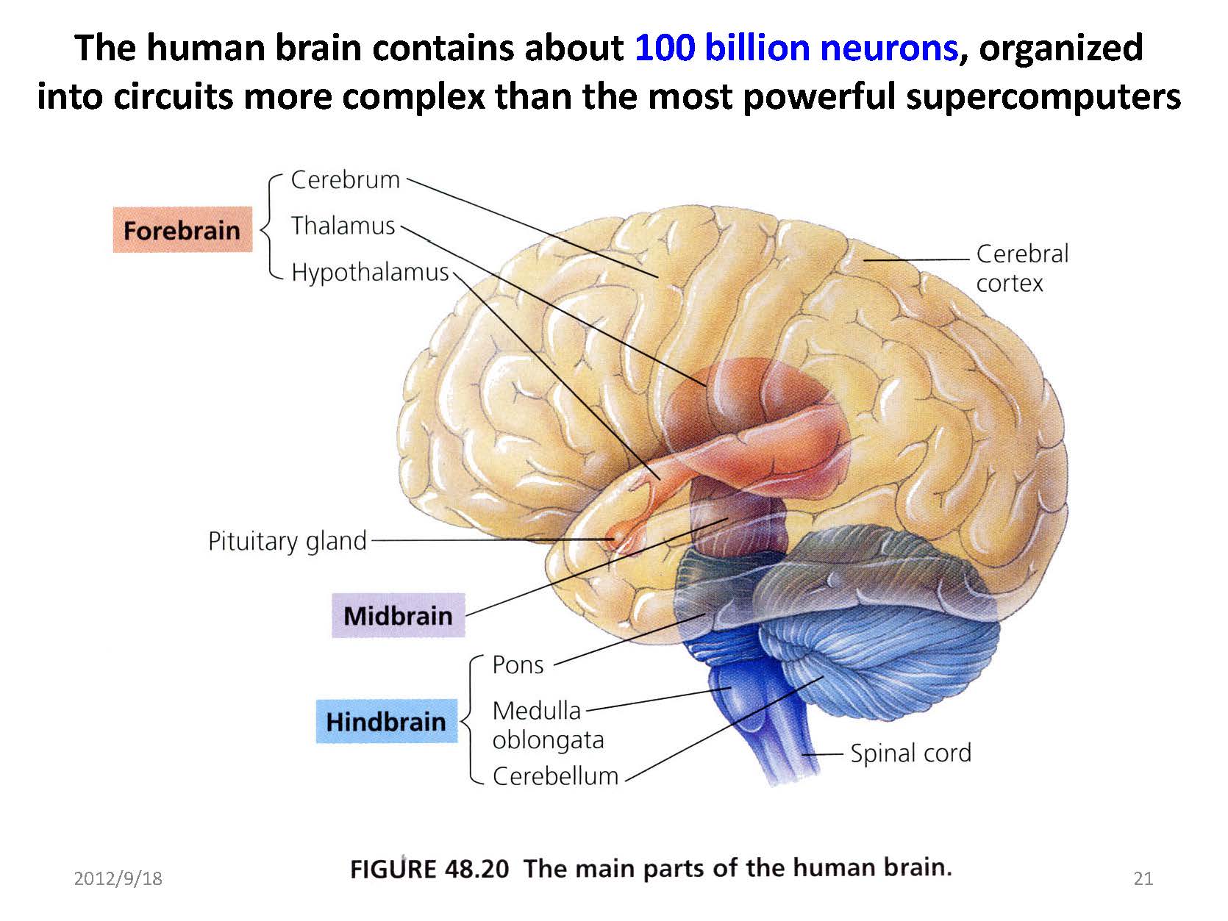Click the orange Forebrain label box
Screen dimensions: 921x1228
(182, 230)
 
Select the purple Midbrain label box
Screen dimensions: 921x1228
(398, 615)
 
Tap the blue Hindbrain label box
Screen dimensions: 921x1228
(386, 721)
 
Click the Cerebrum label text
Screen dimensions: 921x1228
(345, 179)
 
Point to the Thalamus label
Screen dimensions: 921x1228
(343, 226)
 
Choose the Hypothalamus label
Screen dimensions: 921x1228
(370, 272)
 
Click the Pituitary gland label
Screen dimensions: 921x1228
(287, 541)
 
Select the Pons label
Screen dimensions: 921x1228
(518, 664)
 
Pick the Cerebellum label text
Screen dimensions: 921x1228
(555, 775)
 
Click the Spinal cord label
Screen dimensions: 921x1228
(910, 753)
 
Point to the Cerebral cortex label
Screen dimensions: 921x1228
(1021, 268)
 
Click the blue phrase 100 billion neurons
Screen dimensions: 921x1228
(796, 48)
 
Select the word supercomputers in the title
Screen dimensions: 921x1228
(1043, 96)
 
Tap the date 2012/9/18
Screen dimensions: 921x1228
(118, 878)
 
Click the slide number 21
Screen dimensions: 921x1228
(1143, 878)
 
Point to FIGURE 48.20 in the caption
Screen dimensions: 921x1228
(429, 869)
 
